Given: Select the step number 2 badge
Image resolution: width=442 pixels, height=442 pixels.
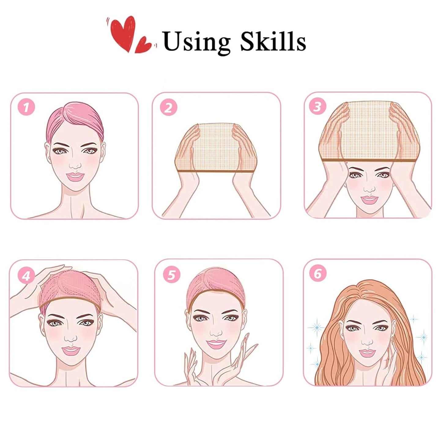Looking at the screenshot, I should (168, 107).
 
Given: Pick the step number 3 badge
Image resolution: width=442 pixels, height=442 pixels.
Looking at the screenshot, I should (317, 106).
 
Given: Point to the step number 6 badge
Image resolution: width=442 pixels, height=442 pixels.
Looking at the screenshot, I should (318, 273).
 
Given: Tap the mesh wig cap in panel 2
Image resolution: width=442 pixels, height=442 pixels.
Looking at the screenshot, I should (216, 147).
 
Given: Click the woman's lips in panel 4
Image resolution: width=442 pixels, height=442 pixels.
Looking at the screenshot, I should (71, 351).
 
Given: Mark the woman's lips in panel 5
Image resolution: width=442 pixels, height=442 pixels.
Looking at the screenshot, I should (216, 344).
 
